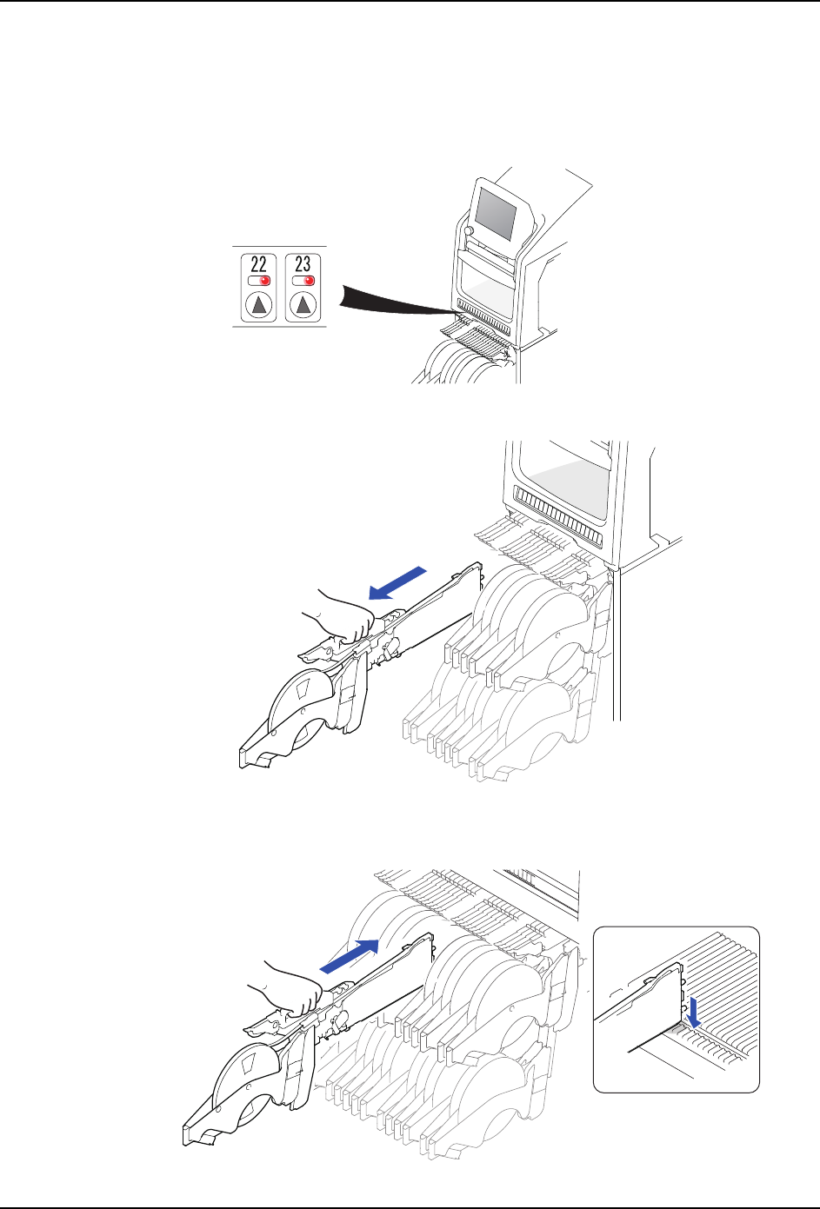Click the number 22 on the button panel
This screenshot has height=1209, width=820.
click(258, 264)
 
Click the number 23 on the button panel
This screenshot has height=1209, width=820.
click(303, 264)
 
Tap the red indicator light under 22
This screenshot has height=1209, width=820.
click(264, 281)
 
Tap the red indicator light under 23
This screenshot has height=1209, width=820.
click(309, 281)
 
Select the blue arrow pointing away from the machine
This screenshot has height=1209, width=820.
click(397, 583)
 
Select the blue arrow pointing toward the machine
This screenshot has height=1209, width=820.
click(350, 956)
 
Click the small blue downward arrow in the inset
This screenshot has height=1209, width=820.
click(694, 1013)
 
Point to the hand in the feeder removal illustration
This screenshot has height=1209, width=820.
click(341, 614)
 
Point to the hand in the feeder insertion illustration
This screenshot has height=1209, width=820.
click(287, 987)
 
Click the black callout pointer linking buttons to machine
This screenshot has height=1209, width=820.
click(397, 300)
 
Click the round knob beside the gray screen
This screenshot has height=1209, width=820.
click(469, 231)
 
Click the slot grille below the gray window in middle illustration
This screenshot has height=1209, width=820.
click(556, 514)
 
